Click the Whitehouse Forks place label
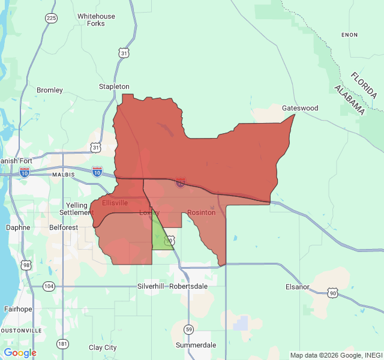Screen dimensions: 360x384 [95, 20]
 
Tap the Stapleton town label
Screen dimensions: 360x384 [114, 87]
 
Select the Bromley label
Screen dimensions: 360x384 [50, 91]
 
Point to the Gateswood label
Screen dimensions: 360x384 [300, 108]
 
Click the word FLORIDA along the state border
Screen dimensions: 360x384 [364, 85]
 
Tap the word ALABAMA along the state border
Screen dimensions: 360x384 [349, 100]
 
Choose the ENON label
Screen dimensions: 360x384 [349, 35]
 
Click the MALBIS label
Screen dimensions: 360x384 [63, 175]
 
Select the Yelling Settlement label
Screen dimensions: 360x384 [76, 209]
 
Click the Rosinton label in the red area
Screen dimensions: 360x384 [201, 213]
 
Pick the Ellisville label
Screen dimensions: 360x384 [115, 203]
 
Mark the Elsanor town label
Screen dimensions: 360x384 [298, 287]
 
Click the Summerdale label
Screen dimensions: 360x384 [196, 346]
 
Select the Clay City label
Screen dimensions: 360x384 [103, 347]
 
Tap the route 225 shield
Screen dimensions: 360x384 [51, 19]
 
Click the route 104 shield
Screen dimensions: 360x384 [49, 287]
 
